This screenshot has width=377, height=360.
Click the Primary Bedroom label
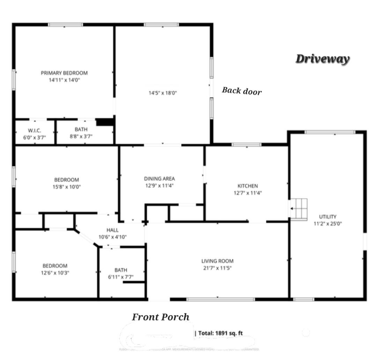click(64, 73)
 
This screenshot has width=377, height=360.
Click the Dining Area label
click(159, 179)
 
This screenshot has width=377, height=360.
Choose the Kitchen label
click(247, 186)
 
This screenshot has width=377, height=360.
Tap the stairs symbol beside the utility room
click(299, 209)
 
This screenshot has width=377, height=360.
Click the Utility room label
click(328, 216)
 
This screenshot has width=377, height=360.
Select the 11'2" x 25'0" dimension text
click(328, 223)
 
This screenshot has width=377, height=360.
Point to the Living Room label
click(217, 261)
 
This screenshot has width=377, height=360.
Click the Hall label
click(112, 230)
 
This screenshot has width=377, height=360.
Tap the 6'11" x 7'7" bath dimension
click(121, 277)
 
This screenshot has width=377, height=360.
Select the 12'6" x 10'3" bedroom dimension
click(55, 273)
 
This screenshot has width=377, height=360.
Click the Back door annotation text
click(242, 91)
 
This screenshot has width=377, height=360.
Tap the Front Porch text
click(161, 317)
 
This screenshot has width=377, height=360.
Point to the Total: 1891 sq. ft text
click(220, 333)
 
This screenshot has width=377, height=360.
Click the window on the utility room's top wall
click(330, 132)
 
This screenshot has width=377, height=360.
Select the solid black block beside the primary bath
click(105, 122)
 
